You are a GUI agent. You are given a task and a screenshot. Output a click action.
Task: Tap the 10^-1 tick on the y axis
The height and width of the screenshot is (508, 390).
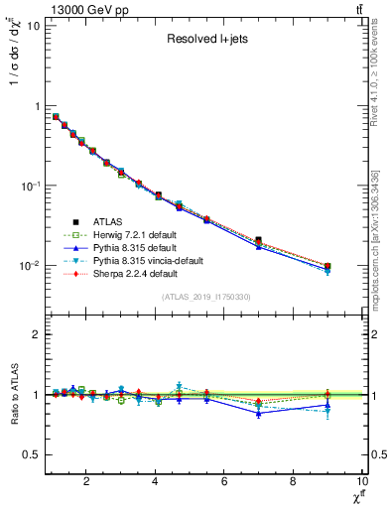tap(29, 186)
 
